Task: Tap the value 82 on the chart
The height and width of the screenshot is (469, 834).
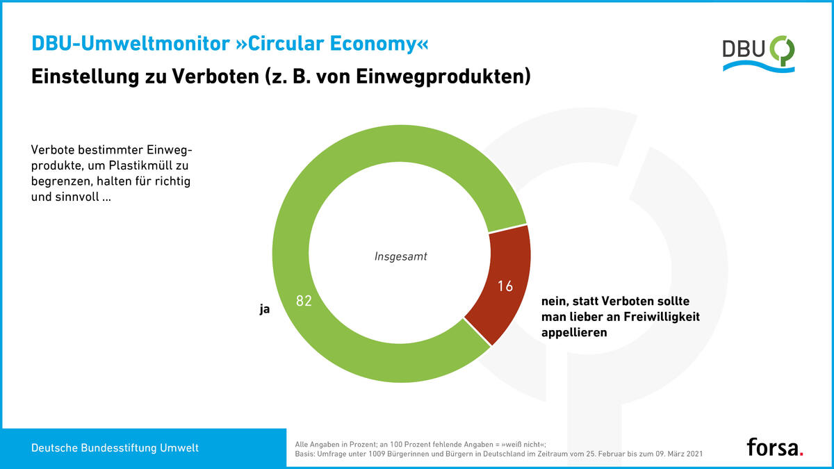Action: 304,302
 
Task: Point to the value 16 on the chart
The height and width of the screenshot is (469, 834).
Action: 505,286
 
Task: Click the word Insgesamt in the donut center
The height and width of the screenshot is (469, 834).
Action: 401,256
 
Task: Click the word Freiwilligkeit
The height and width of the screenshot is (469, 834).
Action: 657,317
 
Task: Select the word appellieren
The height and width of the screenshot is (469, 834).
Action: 574,332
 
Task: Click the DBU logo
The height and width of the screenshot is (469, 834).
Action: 758,54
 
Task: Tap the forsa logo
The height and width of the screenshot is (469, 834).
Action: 775,447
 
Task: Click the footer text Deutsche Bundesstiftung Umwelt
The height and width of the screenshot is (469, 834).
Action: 115,448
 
